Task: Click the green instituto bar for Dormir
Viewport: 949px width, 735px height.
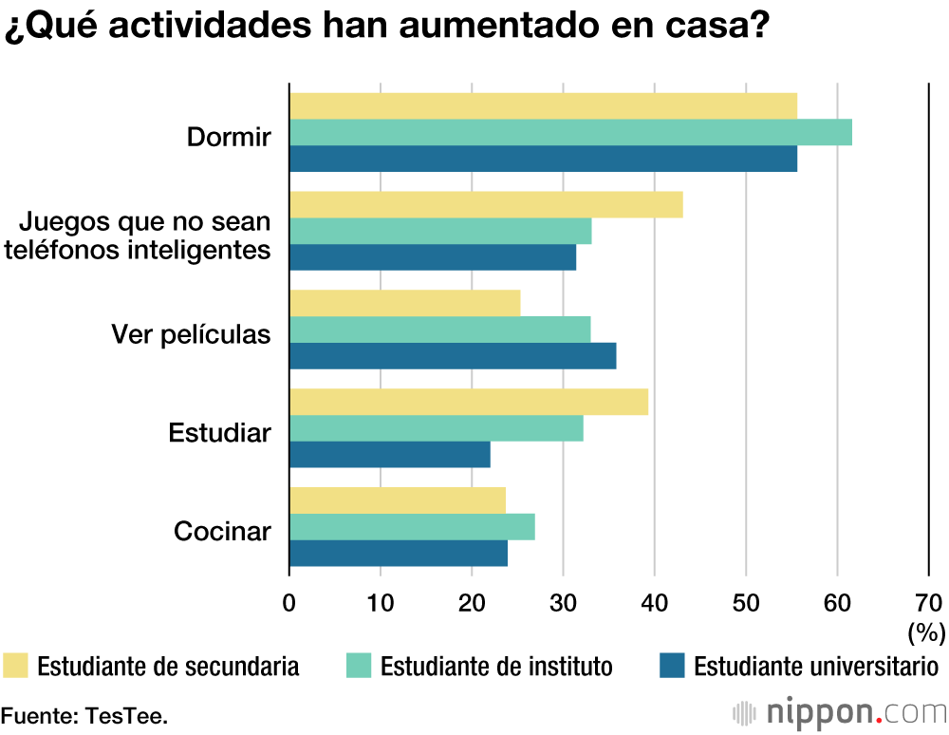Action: pos(570,132)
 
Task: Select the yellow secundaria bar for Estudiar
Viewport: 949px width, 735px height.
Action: pos(469,402)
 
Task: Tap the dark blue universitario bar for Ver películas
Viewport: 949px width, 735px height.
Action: pos(453,356)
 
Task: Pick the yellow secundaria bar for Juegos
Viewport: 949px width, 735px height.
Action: pos(486,204)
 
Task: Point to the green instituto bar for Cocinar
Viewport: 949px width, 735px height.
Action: pos(412,527)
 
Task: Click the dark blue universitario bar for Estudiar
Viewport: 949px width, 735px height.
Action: pos(390,455)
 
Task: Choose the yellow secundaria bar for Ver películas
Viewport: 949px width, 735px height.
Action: pos(405,303)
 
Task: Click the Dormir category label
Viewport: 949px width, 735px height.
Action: pos(229,137)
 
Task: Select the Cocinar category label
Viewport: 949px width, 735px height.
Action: pos(222,531)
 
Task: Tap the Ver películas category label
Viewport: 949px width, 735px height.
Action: pos(191,334)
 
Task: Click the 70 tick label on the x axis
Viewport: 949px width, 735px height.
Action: pos(928,601)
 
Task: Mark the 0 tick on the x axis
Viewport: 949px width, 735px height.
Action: pos(289,601)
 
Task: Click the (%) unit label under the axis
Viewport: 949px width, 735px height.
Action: pos(927,631)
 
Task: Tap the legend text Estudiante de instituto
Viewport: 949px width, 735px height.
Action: pos(496,667)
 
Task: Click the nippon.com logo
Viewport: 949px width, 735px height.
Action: pos(841,711)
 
